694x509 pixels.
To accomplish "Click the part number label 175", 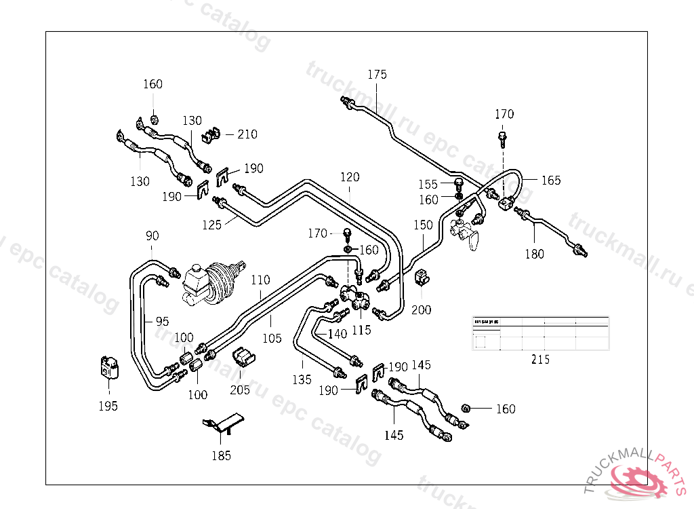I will [x=377, y=75].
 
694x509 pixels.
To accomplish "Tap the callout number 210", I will [x=247, y=134].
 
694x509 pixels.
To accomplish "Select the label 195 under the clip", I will [x=108, y=406].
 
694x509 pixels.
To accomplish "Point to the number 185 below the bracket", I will [x=222, y=455].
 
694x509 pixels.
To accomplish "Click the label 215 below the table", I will [x=540, y=360].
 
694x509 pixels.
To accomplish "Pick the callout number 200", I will [x=421, y=309].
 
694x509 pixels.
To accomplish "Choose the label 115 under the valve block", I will [x=361, y=331].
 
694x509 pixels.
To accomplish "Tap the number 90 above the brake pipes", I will [x=152, y=236].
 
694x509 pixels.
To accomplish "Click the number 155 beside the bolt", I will [x=428, y=184].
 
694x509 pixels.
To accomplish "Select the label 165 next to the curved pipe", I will [x=551, y=181].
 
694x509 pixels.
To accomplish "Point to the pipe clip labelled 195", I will [x=108, y=369].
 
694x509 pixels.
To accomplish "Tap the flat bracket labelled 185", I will [x=224, y=423].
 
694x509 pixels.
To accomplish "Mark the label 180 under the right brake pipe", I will [x=535, y=254].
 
